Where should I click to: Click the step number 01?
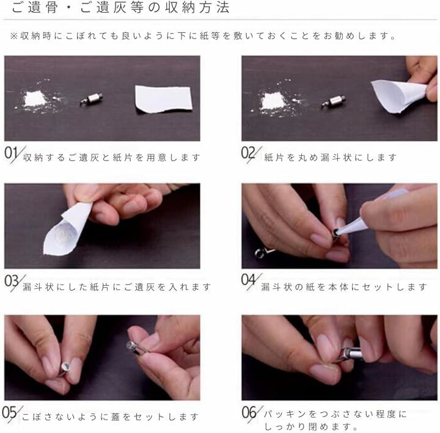click(11, 154)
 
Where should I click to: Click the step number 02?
click(248, 153)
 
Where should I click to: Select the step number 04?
click(248, 280)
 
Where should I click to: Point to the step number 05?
click(9, 412)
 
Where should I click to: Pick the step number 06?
click(249, 413)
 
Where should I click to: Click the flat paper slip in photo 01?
click(163, 100)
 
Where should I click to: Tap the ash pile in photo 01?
click(35, 99)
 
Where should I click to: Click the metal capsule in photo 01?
click(92, 100)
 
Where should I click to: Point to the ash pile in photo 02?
click(271, 101)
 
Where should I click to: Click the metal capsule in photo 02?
click(333, 101)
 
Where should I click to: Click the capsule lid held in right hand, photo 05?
click(134, 347)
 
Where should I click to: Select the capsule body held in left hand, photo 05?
click(64, 368)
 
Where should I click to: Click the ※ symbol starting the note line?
click(13, 36)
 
